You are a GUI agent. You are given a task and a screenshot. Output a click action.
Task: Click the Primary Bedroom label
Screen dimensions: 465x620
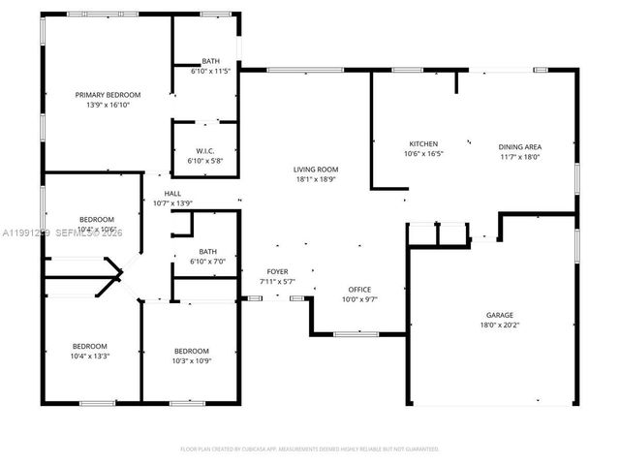108,94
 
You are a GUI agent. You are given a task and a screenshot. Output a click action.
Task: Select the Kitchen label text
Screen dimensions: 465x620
422,143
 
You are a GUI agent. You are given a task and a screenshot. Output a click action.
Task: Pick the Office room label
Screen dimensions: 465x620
359,290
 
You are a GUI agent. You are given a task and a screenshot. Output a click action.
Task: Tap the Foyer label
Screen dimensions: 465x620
277,271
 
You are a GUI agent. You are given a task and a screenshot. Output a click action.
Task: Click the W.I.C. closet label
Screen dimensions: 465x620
204,150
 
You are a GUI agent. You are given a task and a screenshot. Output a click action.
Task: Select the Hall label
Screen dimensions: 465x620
172,193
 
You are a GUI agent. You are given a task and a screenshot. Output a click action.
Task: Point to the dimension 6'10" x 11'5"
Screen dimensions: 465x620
210,72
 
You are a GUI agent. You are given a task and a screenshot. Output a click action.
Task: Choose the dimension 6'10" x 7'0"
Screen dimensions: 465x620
207,262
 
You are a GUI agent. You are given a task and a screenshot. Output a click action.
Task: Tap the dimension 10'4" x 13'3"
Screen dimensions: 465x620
90,356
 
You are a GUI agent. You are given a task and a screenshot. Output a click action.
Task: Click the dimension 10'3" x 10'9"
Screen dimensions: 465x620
191,361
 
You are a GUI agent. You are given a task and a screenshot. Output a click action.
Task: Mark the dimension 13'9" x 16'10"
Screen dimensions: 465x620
108,105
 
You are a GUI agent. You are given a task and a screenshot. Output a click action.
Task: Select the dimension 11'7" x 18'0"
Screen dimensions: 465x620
519,156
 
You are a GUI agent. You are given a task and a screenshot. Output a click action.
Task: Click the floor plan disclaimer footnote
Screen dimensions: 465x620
310,449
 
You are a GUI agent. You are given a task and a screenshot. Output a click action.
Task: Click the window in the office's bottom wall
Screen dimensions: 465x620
356,334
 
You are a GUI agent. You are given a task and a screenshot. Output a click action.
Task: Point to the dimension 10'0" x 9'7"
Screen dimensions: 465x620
359,300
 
